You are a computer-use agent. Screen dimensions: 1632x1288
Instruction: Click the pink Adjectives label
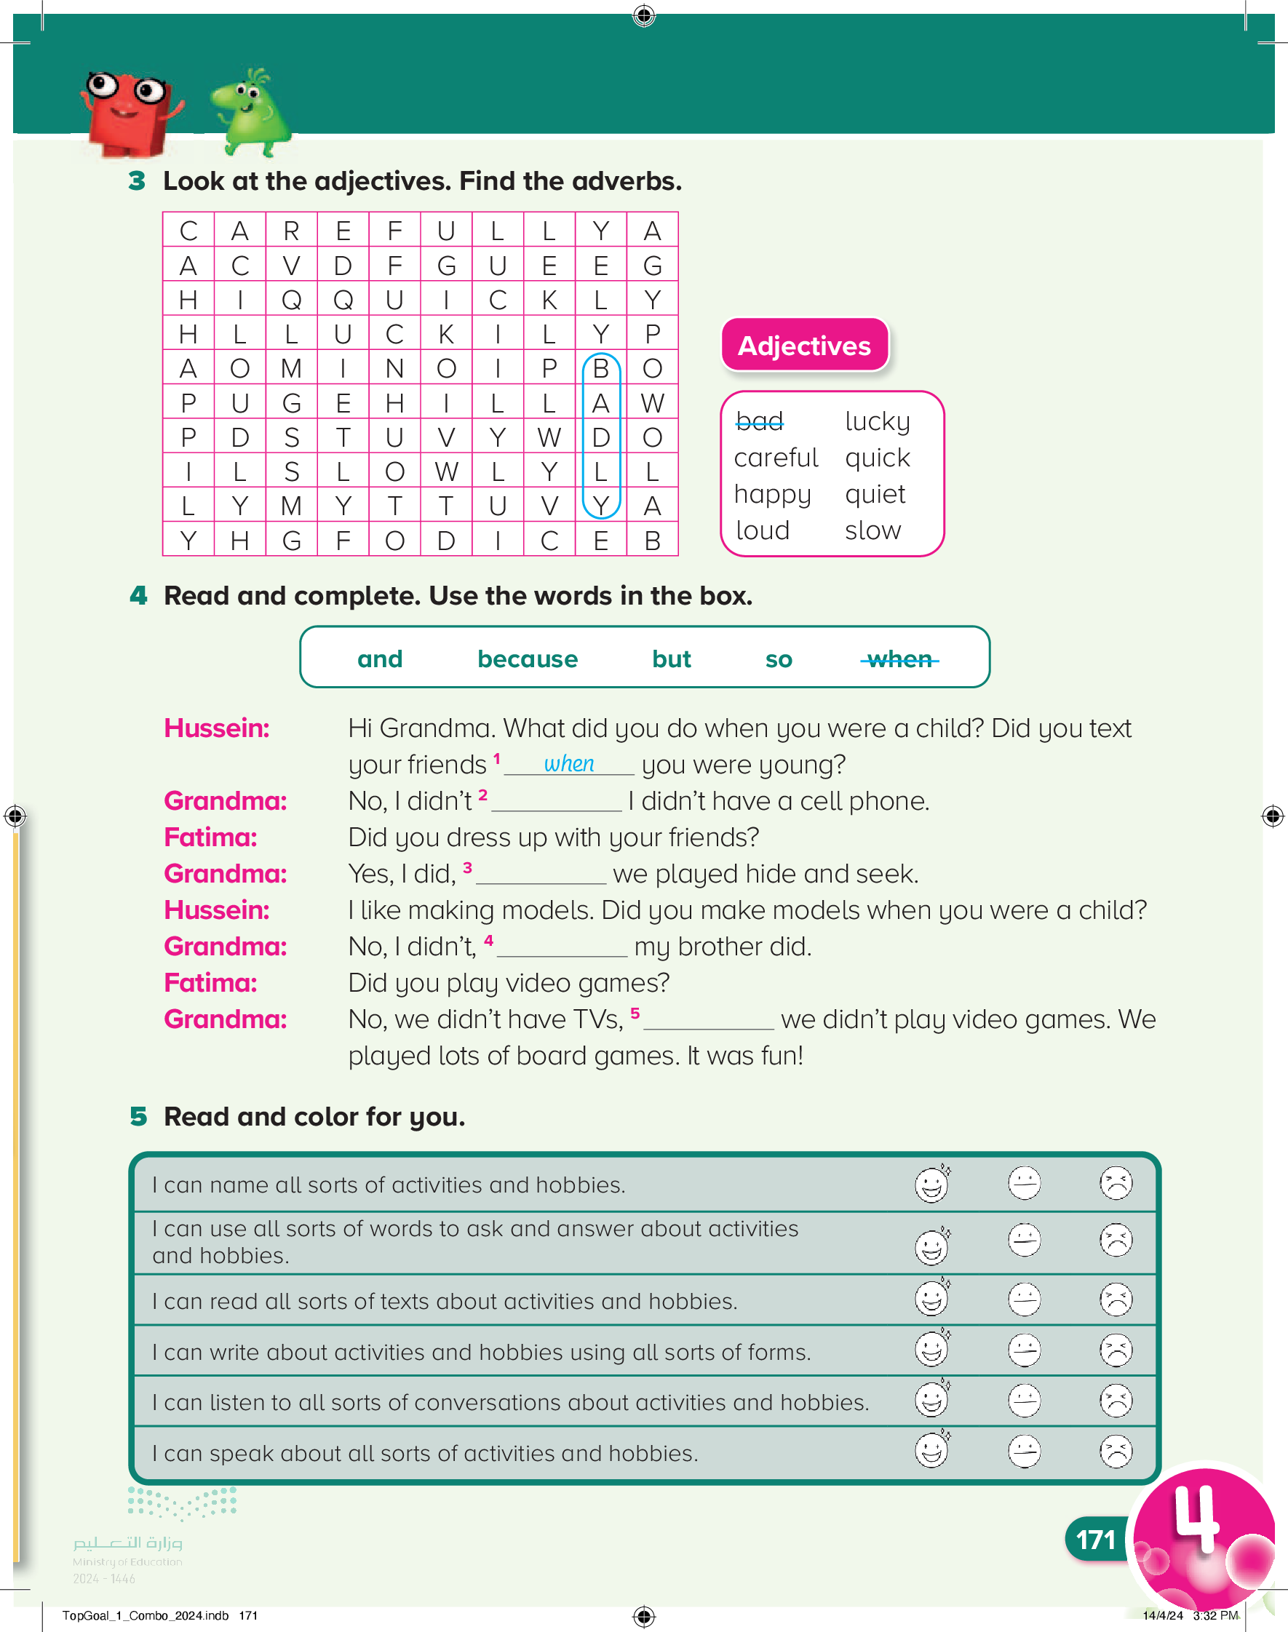[x=804, y=346]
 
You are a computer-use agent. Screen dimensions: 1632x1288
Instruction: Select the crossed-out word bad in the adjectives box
[x=760, y=421]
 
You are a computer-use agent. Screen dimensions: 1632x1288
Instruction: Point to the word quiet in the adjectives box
[x=875, y=495]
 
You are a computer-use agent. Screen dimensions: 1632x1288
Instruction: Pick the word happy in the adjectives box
[x=772, y=495]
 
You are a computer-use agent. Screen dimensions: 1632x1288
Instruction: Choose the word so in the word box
[x=778, y=660]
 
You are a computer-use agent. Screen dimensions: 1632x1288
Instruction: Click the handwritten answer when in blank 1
[x=568, y=763]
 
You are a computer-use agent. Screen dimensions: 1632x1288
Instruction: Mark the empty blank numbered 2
[x=556, y=802]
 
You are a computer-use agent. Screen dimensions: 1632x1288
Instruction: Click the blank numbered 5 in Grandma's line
[x=708, y=1021]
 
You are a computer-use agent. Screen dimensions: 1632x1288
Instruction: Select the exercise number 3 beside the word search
[x=137, y=181]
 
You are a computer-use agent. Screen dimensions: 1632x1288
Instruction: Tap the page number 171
[x=1095, y=1540]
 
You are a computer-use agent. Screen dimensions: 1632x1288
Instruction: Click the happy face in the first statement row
[x=931, y=1185]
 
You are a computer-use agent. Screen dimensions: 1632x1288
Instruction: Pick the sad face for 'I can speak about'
[x=1116, y=1451]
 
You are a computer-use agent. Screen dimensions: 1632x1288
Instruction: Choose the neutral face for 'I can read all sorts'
[x=1024, y=1299]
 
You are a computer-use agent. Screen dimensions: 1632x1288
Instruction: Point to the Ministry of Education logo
[x=128, y=1537]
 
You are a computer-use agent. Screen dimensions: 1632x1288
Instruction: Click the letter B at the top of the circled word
[x=600, y=369]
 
